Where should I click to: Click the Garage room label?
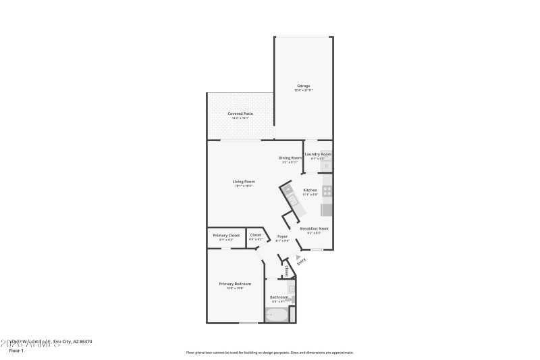pos(304,86)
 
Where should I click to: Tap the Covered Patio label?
pos(240,113)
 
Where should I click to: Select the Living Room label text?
pos(243,181)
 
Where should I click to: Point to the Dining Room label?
pos(290,158)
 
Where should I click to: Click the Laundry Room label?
pos(317,155)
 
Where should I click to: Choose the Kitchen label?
pos(310,190)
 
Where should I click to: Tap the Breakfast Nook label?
pos(314,228)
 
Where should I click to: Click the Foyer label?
pos(283,236)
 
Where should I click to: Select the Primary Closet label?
pos(226,235)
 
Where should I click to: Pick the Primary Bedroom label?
pos(235,284)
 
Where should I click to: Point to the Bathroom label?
pos(279,297)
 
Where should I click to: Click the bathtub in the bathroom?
pos(276,315)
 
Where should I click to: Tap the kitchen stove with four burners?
pos(327,191)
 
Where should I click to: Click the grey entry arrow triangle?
pos(298,257)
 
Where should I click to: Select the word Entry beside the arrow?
pos(292,261)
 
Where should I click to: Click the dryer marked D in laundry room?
pos(326,165)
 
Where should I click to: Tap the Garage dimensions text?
pos(304,91)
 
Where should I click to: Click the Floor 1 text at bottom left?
pos(16,351)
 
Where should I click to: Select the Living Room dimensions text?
pos(243,186)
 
